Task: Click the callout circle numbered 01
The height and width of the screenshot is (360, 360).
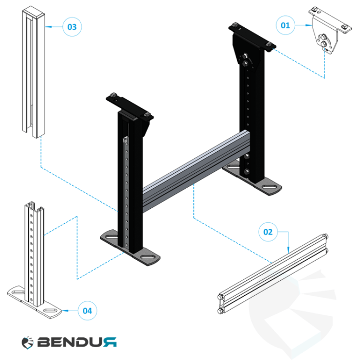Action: (285, 25)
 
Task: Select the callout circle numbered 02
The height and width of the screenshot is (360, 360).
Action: (268, 232)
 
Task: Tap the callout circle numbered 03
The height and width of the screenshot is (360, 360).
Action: (72, 27)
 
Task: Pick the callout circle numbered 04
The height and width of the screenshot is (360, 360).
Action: (87, 311)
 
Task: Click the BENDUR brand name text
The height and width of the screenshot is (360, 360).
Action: (77, 342)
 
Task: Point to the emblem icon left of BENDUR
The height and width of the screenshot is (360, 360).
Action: (28, 343)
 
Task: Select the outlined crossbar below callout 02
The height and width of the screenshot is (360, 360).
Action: (273, 274)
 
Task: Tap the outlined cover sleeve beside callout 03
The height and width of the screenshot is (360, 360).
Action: (33, 72)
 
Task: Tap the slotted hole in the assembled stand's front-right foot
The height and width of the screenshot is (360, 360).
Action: (148, 257)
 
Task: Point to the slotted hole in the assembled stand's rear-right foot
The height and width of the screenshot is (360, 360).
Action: (269, 187)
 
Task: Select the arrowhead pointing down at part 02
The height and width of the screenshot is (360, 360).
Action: (289, 250)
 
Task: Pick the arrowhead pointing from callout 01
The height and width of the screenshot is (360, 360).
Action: (309, 25)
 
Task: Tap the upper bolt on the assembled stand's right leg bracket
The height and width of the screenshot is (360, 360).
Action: (244, 56)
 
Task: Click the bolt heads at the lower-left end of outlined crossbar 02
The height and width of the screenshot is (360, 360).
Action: (221, 304)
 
